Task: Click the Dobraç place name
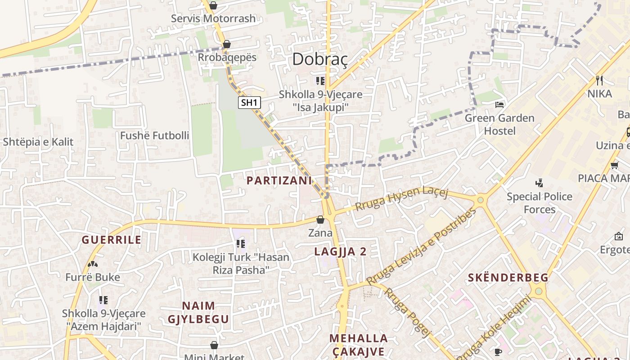pos(320,59)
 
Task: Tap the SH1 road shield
pos(249,103)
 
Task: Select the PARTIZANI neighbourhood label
pos(279,180)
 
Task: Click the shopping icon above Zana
pos(320,220)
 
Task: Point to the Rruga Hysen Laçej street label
pos(401,198)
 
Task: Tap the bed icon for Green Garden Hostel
pos(499,105)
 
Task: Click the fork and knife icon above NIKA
pos(599,81)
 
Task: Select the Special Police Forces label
pos(540,203)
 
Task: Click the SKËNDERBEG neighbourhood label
pos(508,278)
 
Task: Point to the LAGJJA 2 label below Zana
pos(341,252)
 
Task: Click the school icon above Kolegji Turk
pos(241,244)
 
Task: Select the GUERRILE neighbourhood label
pos(112,240)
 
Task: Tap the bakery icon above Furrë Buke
pos(93,264)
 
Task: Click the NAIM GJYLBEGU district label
pos(198,312)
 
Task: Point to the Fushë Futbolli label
pos(154,135)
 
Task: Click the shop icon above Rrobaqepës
pos(227,44)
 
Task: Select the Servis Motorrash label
pos(213,18)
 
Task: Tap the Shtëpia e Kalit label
pos(38,142)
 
